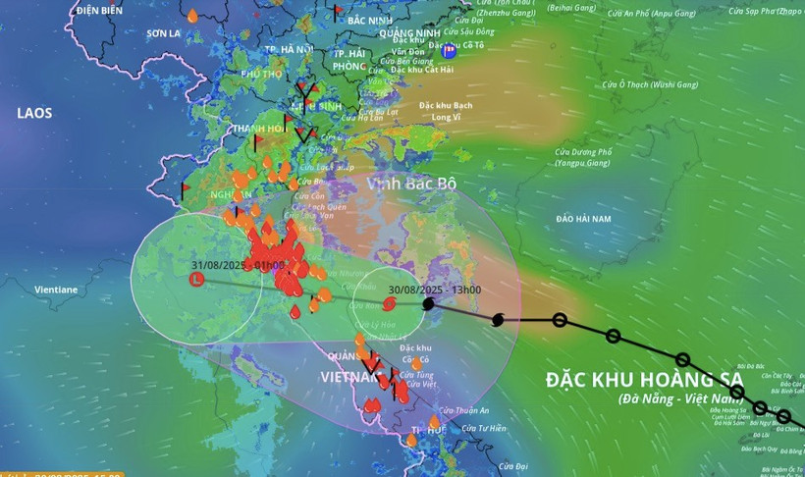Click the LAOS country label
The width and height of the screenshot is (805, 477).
click(x=34, y=114)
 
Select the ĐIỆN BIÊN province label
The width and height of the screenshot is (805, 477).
click(x=99, y=10)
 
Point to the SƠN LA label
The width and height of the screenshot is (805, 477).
click(x=163, y=33)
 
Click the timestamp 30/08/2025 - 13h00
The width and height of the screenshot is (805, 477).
click(x=434, y=290)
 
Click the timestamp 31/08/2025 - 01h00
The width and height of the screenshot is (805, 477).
click(x=238, y=265)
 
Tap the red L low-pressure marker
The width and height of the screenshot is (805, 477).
click(x=196, y=280)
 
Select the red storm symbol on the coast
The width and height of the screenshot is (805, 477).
click(x=390, y=305)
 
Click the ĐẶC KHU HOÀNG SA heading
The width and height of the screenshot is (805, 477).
click(x=645, y=381)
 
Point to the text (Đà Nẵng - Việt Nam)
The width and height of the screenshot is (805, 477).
click(x=681, y=398)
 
